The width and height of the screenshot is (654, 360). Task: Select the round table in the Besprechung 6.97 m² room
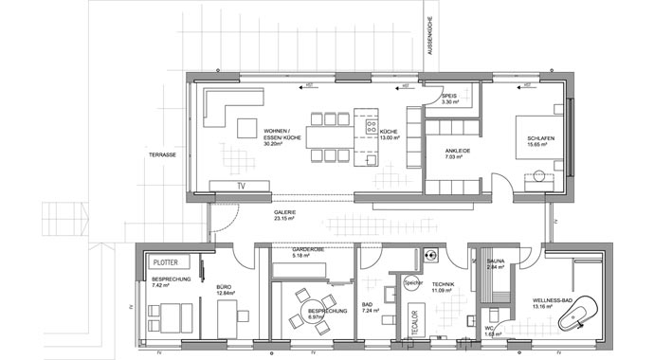coord(306,310)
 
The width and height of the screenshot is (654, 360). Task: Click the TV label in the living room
coord(241,186)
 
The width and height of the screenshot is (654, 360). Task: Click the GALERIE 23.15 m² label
coord(285,215)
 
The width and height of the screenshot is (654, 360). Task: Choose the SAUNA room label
coord(496,263)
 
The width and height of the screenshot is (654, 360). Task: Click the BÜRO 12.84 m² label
coord(224,288)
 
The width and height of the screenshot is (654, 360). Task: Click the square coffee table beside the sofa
coord(247,128)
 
